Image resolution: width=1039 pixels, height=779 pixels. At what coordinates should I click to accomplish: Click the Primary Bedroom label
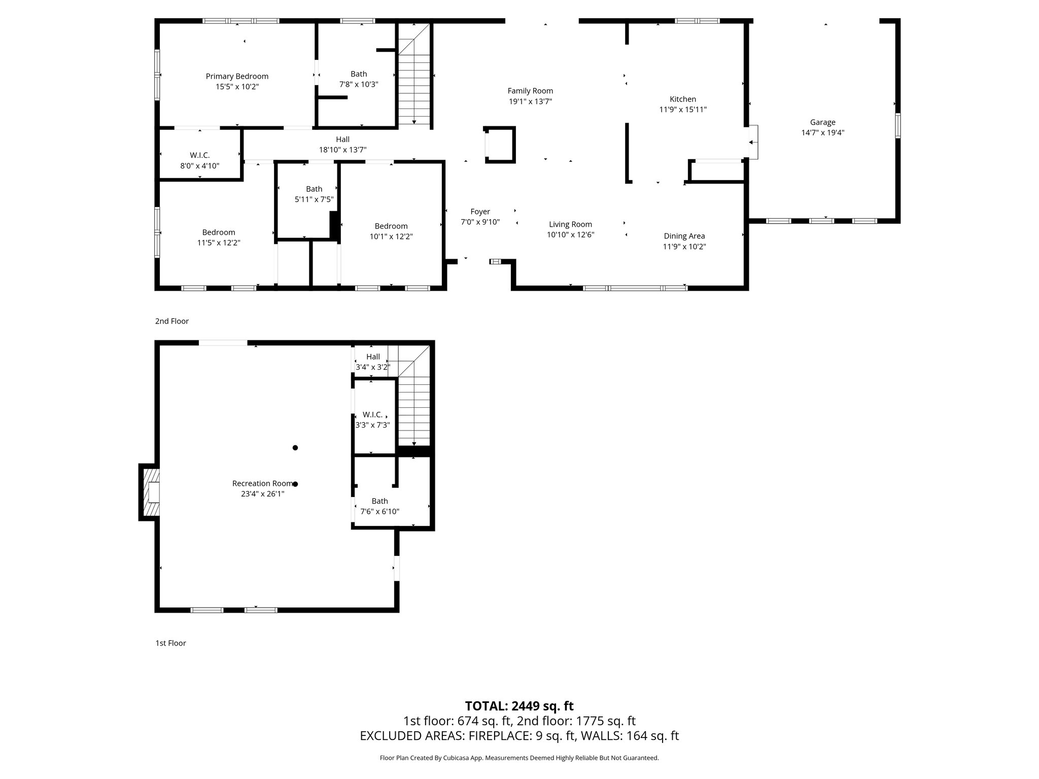click(237, 77)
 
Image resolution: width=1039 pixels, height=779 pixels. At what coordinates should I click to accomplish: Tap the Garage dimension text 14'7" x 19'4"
click(822, 133)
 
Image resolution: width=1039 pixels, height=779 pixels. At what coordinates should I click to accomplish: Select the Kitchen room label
click(683, 99)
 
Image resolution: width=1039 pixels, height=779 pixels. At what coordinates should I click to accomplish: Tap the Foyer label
click(480, 211)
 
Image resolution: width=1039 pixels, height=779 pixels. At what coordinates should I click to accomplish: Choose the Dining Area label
click(684, 236)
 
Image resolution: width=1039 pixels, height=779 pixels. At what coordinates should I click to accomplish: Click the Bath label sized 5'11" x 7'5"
click(314, 189)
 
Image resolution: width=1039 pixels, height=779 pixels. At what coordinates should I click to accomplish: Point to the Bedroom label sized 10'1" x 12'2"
click(391, 226)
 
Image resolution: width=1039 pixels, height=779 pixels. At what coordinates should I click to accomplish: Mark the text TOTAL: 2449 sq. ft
click(519, 706)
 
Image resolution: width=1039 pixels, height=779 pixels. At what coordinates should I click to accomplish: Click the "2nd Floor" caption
click(172, 321)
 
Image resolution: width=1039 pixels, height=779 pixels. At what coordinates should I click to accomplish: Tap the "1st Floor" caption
click(170, 643)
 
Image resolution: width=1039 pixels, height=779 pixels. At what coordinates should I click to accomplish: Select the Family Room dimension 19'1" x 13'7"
click(530, 101)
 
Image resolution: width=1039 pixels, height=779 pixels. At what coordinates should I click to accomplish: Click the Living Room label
click(570, 224)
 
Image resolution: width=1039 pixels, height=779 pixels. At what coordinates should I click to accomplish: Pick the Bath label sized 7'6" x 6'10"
click(379, 501)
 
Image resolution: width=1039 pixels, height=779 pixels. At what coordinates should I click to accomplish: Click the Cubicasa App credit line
click(519, 758)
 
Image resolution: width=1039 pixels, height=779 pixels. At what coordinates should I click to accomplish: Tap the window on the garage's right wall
click(897, 126)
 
